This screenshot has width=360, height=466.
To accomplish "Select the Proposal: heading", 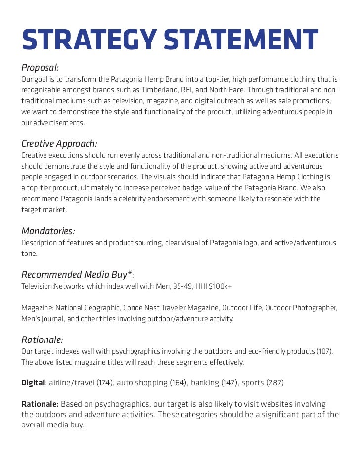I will pyautogui.click(x=40, y=67).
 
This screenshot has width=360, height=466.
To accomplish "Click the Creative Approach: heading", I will pyautogui.click(x=59, y=144).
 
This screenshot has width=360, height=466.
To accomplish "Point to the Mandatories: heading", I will pyautogui.click(x=48, y=231).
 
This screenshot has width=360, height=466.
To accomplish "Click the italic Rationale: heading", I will pyautogui.click(x=42, y=339).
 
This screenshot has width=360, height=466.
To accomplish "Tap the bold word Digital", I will pyautogui.click(x=33, y=382).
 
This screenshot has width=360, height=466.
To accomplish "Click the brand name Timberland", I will pyautogui.click(x=179, y=90).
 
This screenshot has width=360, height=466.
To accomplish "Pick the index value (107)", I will pyautogui.click(x=324, y=351).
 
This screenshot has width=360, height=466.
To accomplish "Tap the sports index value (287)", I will pyautogui.click(x=274, y=382).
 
